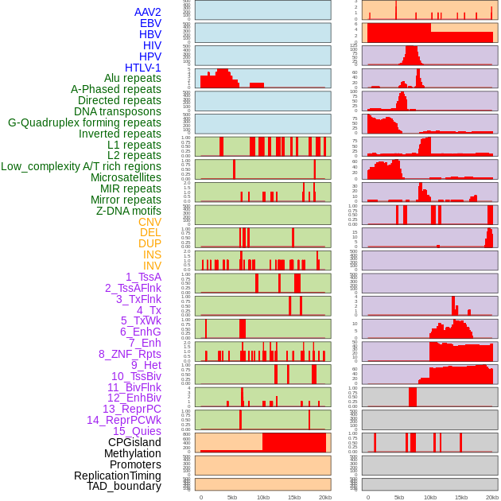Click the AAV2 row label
148,12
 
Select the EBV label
150,23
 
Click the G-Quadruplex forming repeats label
84,122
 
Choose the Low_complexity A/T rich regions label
81,166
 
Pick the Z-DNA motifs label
129,211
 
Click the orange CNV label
150,222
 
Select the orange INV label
152,266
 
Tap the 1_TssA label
143,277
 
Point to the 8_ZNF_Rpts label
130,354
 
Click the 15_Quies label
137,431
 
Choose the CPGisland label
134,442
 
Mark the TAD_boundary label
124,486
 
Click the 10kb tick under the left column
262,497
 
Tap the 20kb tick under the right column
492,497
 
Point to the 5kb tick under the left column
232,497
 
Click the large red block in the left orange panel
294,443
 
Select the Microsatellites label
126,177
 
